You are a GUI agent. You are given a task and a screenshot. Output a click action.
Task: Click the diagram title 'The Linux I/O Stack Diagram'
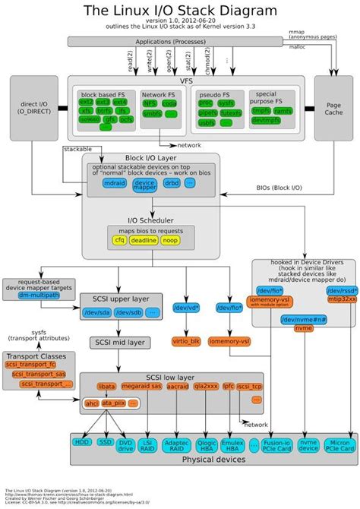coord(180,10)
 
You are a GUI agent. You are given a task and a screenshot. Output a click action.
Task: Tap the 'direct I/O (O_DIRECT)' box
coord(32,108)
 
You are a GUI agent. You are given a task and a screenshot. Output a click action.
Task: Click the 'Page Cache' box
coord(332,108)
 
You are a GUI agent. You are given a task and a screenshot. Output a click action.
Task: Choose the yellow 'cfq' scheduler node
coord(118,240)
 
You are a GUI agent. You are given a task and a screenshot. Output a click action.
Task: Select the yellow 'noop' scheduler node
coord(170,240)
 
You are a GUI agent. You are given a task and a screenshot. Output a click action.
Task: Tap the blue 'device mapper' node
coord(144,184)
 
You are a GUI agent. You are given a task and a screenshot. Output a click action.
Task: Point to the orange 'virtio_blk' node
coord(187,342)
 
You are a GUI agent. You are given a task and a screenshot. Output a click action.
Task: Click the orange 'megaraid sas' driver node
coord(142,387)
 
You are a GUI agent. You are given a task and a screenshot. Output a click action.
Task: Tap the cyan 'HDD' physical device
coord(81,442)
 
